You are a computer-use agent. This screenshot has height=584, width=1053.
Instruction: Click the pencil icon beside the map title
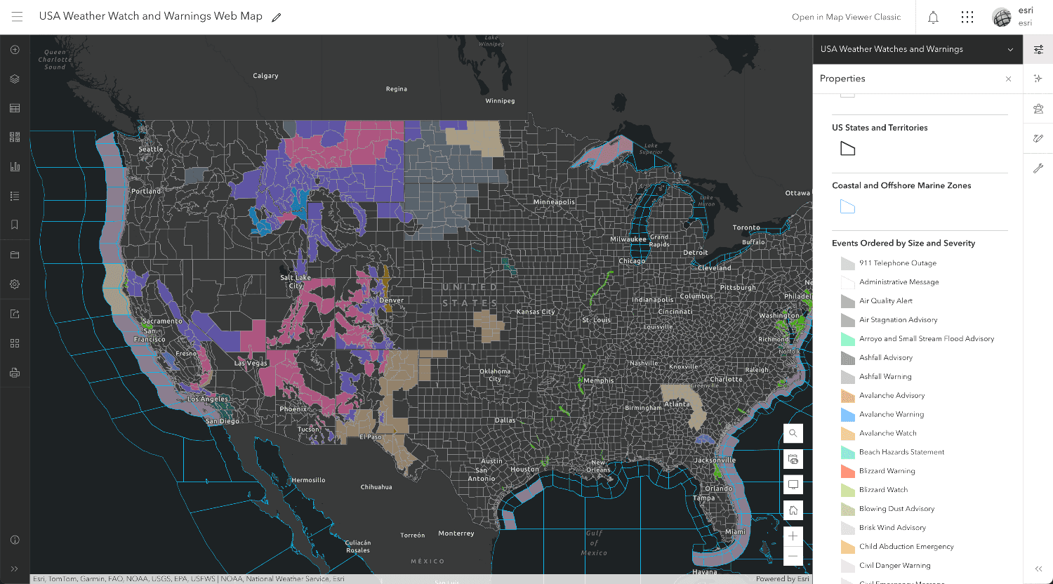point(277,17)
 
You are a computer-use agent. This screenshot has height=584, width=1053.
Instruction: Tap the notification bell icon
point(933,18)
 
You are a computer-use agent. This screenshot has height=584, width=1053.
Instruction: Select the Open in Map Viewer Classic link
point(846,17)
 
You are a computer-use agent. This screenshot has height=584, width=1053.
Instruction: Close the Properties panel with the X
point(1009,79)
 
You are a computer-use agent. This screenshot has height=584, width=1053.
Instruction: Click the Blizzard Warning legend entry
point(887,471)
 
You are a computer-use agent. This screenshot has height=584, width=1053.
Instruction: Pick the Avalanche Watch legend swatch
point(847,433)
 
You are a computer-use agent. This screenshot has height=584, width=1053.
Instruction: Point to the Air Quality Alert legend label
point(886,300)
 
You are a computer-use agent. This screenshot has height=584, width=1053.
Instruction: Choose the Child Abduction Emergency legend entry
point(906,546)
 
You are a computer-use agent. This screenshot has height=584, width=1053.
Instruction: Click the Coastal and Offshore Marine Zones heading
point(901,185)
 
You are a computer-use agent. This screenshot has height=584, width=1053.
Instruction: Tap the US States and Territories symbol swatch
point(848,149)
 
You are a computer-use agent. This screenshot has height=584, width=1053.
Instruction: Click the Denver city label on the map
point(391,300)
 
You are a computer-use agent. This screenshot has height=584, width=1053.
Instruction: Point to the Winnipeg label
point(500,101)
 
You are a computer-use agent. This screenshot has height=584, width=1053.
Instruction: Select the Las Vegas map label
point(251,364)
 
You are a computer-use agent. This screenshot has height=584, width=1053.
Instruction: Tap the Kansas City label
point(536,312)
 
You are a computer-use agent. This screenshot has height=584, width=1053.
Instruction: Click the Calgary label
point(265,76)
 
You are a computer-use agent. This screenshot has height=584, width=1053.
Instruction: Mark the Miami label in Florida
point(735,532)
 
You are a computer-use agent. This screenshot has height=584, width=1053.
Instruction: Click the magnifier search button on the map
point(793,433)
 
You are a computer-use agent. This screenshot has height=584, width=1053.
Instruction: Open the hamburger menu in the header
point(18,17)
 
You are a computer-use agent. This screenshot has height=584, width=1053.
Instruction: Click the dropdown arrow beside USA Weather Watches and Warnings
point(1010,49)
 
